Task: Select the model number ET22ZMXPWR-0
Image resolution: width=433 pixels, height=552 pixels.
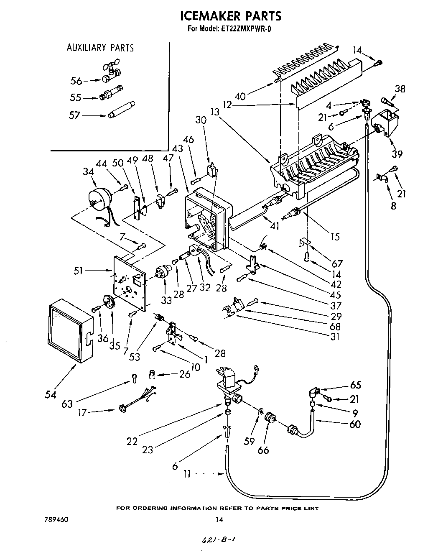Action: point(246,29)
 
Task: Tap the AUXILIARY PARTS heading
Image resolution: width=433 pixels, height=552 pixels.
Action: point(100,48)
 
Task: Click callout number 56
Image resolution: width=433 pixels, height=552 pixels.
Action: point(76,81)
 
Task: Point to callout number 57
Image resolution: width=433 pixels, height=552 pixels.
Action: point(75,114)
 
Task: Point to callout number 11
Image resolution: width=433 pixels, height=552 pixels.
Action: point(188,474)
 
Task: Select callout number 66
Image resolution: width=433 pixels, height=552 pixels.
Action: point(263,450)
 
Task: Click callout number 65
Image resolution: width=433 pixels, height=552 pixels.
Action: point(355,385)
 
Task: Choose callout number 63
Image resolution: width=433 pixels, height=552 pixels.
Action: point(67,404)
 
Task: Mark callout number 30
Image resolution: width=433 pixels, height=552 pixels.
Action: point(201,120)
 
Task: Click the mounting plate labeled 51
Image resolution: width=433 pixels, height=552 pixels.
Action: point(130,284)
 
